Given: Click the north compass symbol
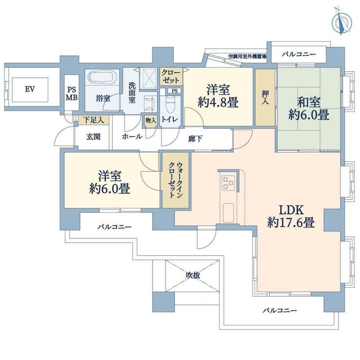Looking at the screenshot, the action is [x=342, y=21].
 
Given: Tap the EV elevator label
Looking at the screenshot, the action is [x=30, y=89].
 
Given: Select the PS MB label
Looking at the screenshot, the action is [x=72, y=94].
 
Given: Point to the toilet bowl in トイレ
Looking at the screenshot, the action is [x=170, y=104].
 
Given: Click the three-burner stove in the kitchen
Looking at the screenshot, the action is [x=228, y=183].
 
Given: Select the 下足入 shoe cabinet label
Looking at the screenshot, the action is [x=93, y=120].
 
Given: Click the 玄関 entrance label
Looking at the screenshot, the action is [x=94, y=137].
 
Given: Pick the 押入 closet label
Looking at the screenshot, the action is [x=265, y=97].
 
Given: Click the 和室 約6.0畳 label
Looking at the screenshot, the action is [x=309, y=108].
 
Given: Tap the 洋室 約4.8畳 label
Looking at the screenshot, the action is [x=218, y=96].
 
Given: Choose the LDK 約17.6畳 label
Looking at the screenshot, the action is [x=291, y=216].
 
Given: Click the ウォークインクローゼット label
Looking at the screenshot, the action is [x=176, y=180].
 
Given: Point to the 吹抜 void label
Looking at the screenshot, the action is [x=193, y=275].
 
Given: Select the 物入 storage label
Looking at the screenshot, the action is [x=151, y=120].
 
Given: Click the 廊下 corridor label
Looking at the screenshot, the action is [x=195, y=139].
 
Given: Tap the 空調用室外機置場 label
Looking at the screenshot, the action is [x=247, y=56].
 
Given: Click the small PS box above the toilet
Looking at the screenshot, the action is [x=175, y=91].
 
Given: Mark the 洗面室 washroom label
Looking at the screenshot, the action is [x=132, y=92].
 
